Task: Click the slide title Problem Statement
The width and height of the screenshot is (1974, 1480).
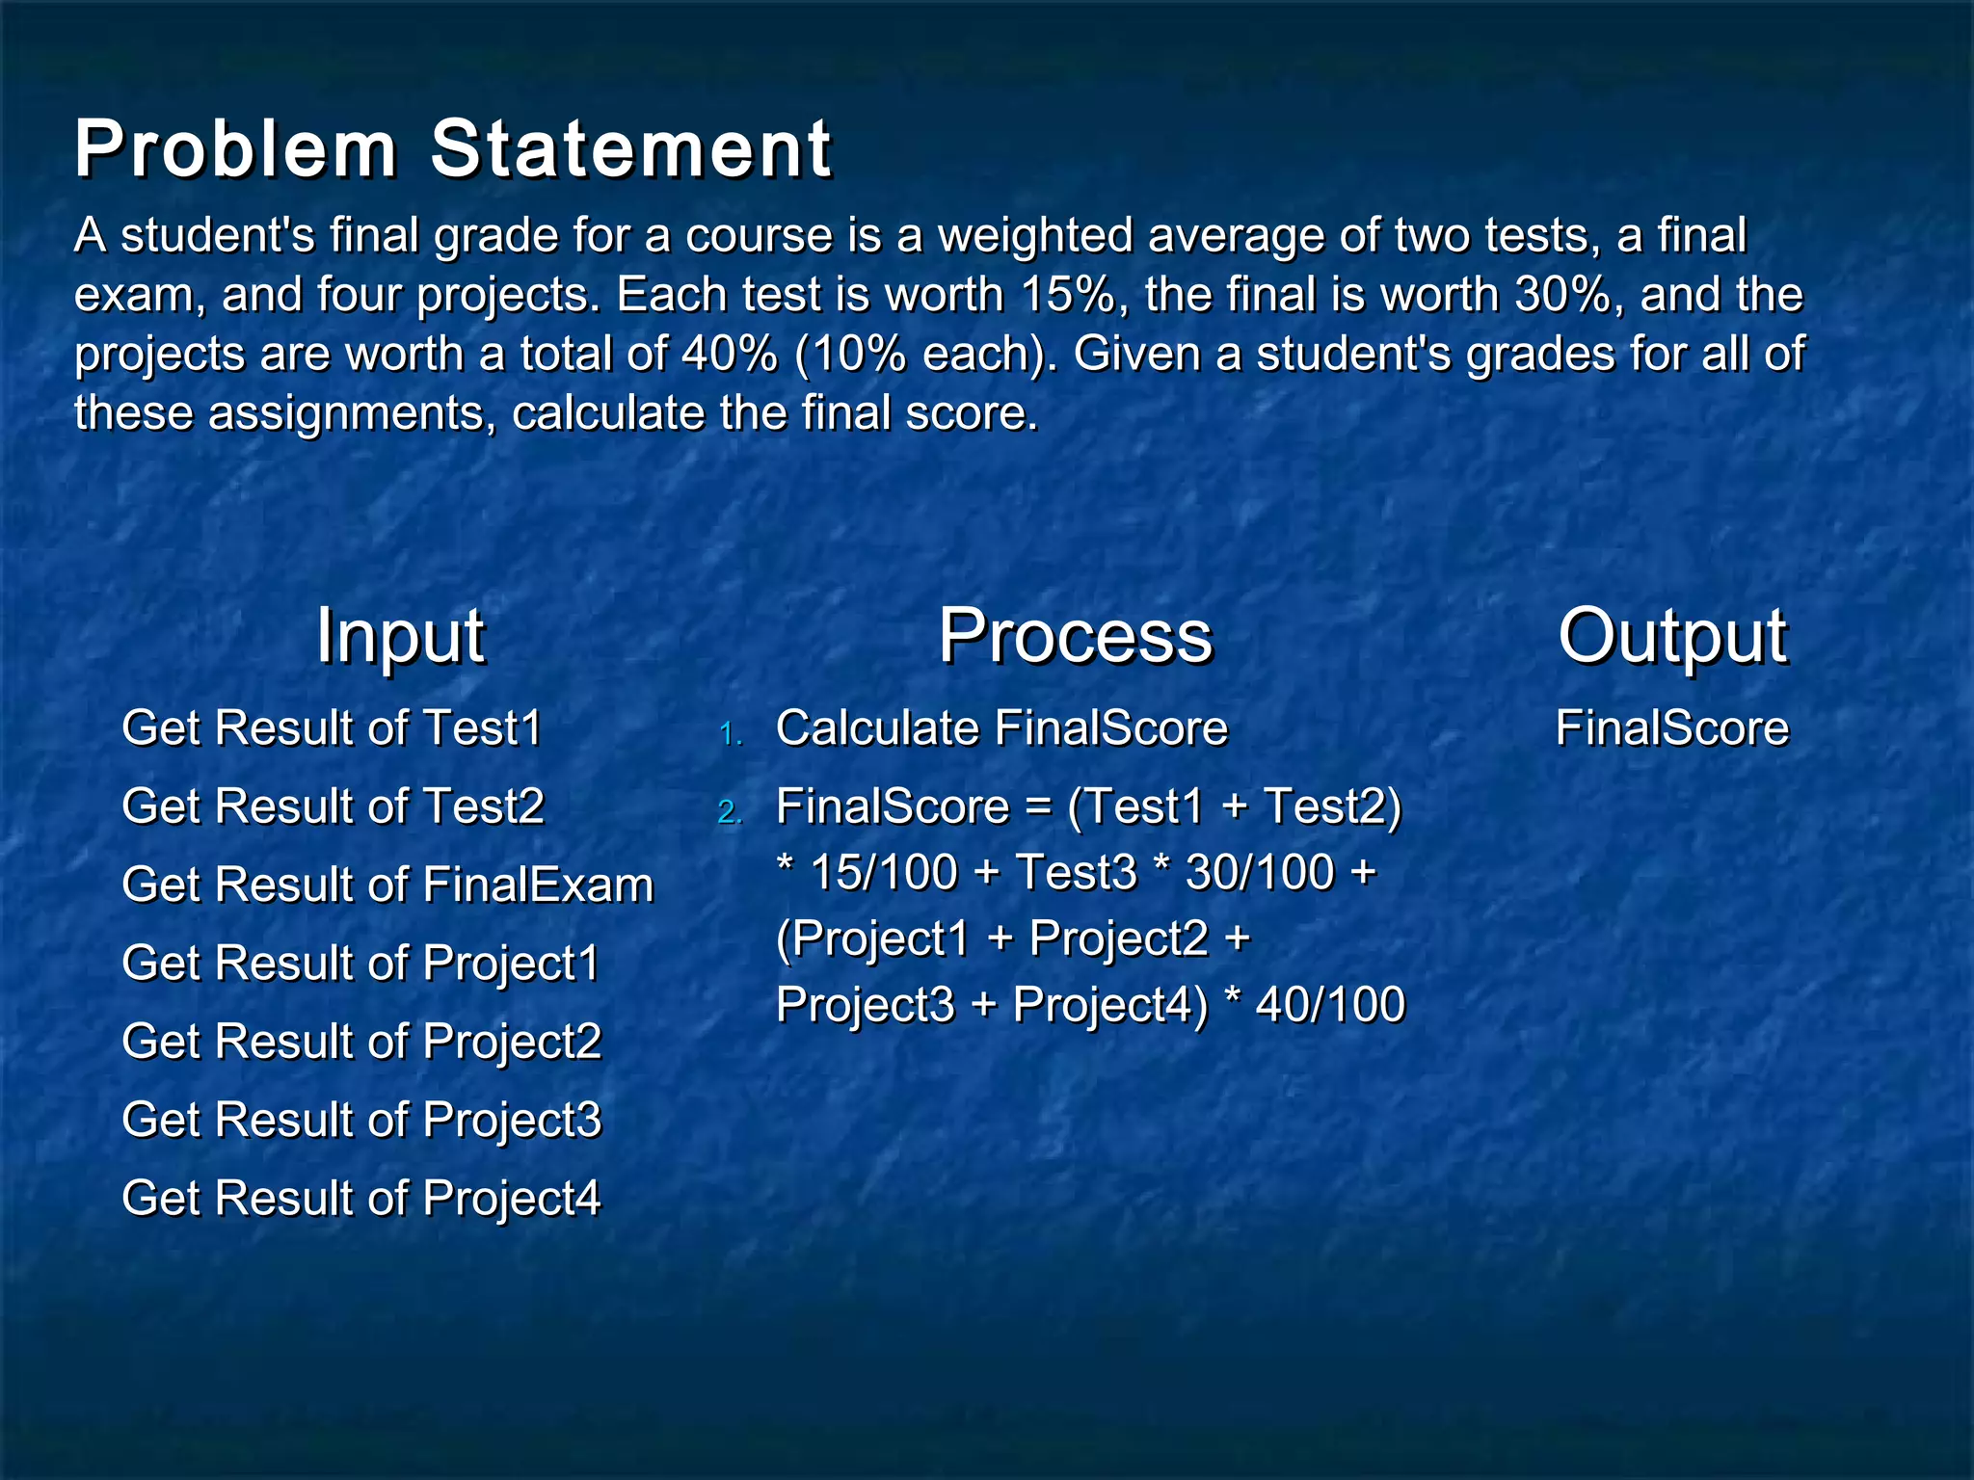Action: pyautogui.click(x=453, y=149)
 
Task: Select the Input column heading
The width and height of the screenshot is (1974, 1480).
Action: pyautogui.click(x=400, y=636)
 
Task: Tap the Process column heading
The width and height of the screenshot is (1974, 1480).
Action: pyautogui.click(x=1075, y=636)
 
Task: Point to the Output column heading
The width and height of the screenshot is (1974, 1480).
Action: pyautogui.click(x=1672, y=636)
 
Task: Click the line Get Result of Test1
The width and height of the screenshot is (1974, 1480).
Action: pyautogui.click(x=332, y=727)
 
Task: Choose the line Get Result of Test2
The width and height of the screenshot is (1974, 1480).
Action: pyautogui.click(x=333, y=806)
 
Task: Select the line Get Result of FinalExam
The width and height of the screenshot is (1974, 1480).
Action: pyautogui.click(x=387, y=885)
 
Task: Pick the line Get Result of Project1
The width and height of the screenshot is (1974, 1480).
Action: pyautogui.click(x=360, y=963)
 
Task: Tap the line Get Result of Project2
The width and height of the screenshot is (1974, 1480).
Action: pyautogui.click(x=361, y=1042)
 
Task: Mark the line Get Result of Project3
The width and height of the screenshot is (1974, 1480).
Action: pyautogui.click(x=361, y=1120)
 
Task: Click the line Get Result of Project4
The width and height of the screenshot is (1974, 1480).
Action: pyautogui.click(x=361, y=1199)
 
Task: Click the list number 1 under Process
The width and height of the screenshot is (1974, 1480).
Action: pyautogui.click(x=730, y=734)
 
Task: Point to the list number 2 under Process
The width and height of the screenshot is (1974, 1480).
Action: pyautogui.click(x=730, y=812)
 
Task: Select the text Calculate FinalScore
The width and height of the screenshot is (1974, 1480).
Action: pyautogui.click(x=1001, y=727)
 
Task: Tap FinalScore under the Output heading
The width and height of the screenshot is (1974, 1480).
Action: pyautogui.click(x=1671, y=727)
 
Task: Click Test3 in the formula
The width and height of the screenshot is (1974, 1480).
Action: pyautogui.click(x=1076, y=872)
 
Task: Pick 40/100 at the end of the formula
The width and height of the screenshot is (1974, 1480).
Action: pyautogui.click(x=1330, y=1004)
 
